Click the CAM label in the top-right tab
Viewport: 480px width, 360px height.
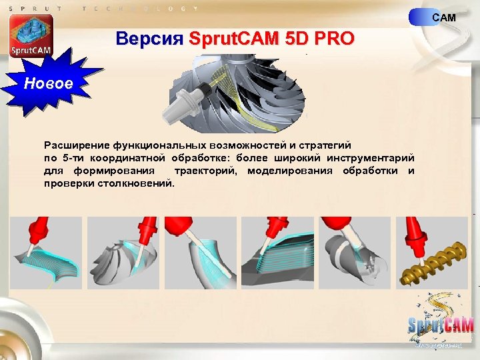coord(444,17)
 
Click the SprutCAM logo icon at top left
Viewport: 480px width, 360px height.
coord(31,37)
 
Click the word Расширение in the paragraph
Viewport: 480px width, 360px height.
coord(75,145)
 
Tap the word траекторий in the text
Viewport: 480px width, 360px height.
coord(208,171)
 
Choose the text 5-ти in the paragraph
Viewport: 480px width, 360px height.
coord(74,158)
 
